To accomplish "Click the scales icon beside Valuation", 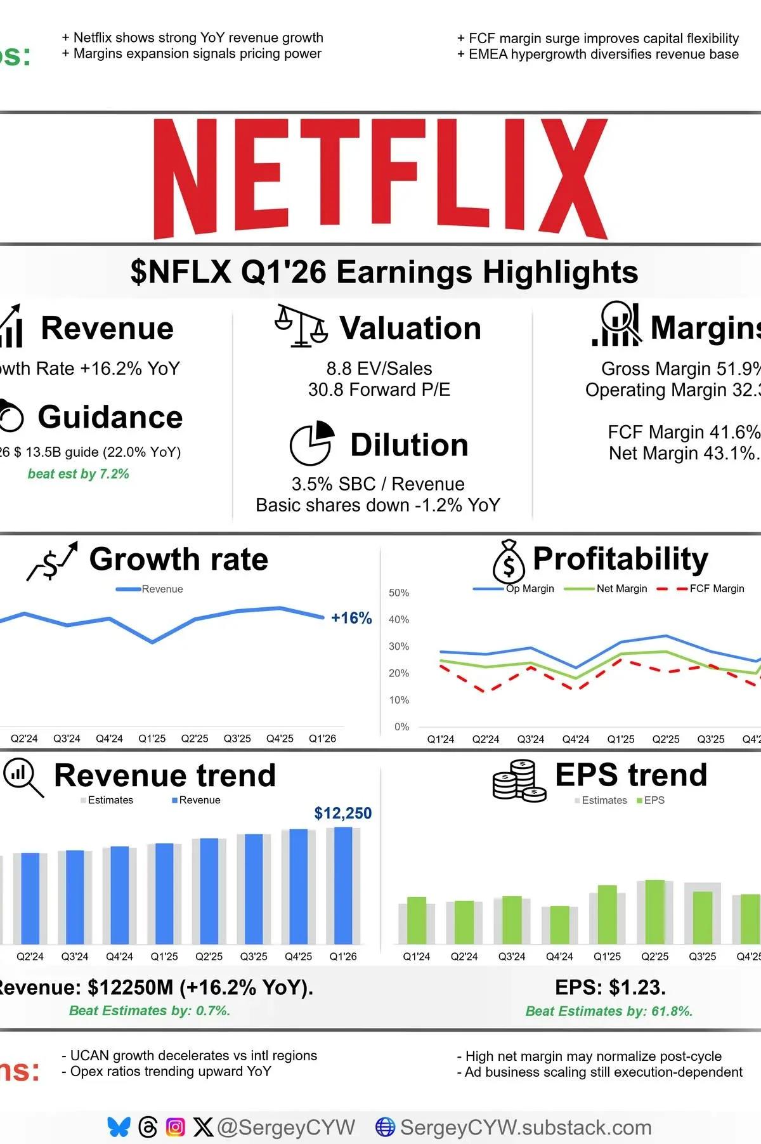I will [301, 326].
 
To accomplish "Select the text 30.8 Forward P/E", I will [379, 390].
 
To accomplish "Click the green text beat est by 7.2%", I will [78, 474].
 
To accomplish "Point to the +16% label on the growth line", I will [351, 618].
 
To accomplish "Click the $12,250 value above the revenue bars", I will [342, 813].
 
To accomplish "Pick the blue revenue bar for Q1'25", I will [164, 893].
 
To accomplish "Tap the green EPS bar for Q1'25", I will [607, 914].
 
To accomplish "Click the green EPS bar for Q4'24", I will [559, 924].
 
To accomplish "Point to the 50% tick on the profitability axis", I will [399, 593].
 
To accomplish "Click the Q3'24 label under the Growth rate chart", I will [67, 739].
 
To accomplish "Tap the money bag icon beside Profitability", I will [509, 562].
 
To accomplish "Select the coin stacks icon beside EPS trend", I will [519, 780].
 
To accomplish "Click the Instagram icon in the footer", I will [175, 1127].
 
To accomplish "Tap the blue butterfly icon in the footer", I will [119, 1127].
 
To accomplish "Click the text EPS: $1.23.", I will [610, 987].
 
